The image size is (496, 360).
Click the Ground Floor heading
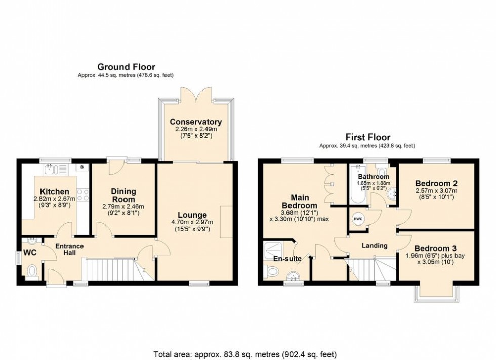pos(126,67)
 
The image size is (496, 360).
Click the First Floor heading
pos(367,137)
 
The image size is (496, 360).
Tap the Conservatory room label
pos(196,122)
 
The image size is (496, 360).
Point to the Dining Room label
pos(123,195)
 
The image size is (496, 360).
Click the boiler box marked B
pos(80,166)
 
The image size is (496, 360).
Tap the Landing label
pos(374,245)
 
